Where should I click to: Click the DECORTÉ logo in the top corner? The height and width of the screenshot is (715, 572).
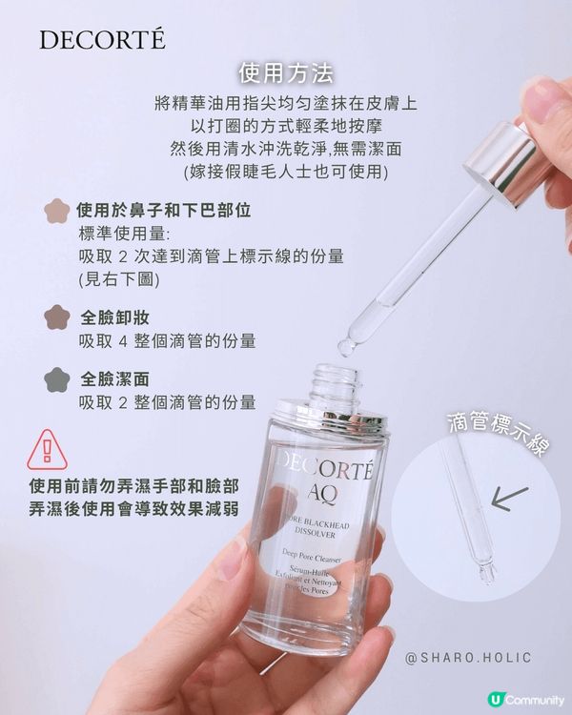click(x=103, y=38)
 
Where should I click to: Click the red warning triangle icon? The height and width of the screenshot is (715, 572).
click(x=41, y=450)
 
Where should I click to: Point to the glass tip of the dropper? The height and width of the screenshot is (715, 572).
click(x=350, y=334)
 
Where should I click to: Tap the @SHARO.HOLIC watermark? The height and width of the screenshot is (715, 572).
click(x=468, y=657)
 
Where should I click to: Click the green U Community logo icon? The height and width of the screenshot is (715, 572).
click(x=495, y=699)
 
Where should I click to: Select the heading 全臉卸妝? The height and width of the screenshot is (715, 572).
click(x=113, y=317)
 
